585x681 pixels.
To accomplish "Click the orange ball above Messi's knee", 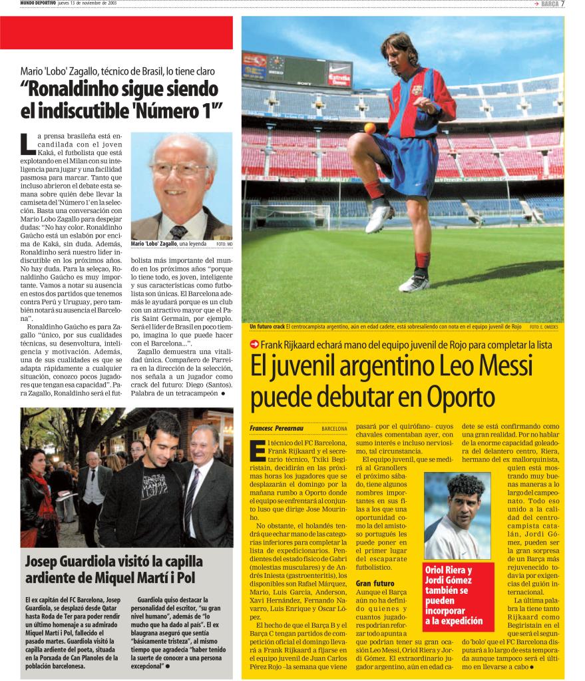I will tap(370, 128).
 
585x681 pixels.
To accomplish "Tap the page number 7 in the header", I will tap(562, 4).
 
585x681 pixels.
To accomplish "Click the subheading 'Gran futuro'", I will tap(375, 583).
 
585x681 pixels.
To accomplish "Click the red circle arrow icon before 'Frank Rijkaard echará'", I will tap(254, 344).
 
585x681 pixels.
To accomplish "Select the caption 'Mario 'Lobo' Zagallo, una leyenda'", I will tap(168, 244).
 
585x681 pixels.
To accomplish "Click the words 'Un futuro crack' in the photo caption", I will tap(267, 327).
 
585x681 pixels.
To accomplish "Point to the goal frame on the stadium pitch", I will tap(290, 216).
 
